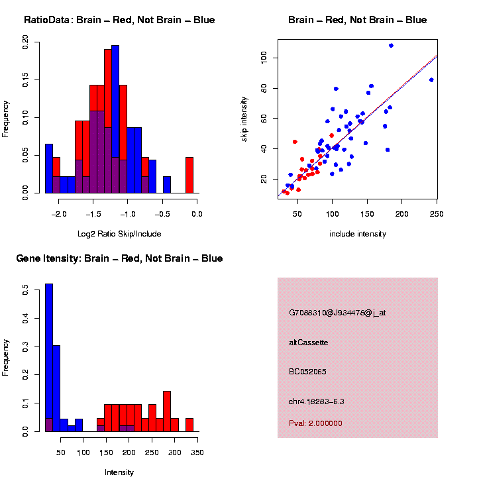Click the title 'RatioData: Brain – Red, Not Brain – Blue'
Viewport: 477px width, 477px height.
(119, 20)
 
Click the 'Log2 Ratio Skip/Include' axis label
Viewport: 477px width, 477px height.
(119, 234)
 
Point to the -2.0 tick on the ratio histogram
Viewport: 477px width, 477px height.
(60, 213)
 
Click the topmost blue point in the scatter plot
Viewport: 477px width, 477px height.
(391, 46)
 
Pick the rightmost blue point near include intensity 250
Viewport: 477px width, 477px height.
(431, 80)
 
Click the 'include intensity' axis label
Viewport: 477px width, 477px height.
(358, 234)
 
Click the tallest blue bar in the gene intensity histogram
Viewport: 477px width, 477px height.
(49, 358)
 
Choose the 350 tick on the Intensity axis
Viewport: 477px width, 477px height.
(197, 452)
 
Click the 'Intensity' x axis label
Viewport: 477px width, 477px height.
(119, 472)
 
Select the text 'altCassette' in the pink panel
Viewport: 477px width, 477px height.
(309, 343)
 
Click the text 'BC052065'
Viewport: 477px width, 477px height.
(307, 372)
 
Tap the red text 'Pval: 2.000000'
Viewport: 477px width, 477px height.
(315, 423)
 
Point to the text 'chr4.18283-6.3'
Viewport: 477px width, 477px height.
(316, 401)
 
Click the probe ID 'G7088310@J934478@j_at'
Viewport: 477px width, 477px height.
(337, 313)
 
